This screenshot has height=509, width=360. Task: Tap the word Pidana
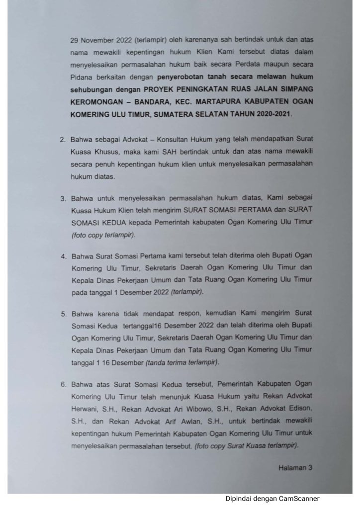click(x=82, y=78)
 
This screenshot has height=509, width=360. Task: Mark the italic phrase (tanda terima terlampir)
click(x=182, y=363)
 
